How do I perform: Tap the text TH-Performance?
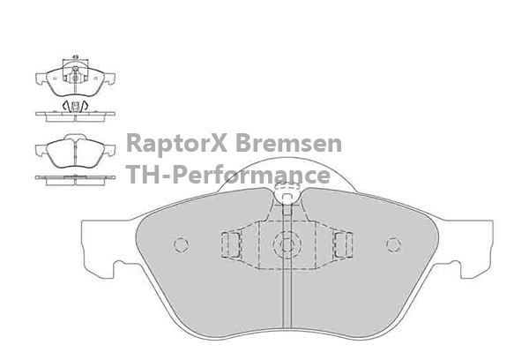[228, 174]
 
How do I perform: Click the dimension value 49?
[75, 57]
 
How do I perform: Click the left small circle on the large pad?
[181, 244]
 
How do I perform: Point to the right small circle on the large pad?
[393, 244]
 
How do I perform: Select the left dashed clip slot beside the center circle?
[231, 244]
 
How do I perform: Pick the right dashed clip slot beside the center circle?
[343, 244]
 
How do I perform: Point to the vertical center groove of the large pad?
[287, 266]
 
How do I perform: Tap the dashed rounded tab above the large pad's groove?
[287, 193]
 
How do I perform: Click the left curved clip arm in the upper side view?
[66, 105]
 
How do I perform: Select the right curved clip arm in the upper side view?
[85, 105]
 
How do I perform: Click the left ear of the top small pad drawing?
[41, 79]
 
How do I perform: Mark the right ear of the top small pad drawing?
[109, 79]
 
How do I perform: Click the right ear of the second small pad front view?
[109, 150]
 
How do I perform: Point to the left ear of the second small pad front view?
[41, 150]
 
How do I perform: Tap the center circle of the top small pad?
[75, 79]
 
